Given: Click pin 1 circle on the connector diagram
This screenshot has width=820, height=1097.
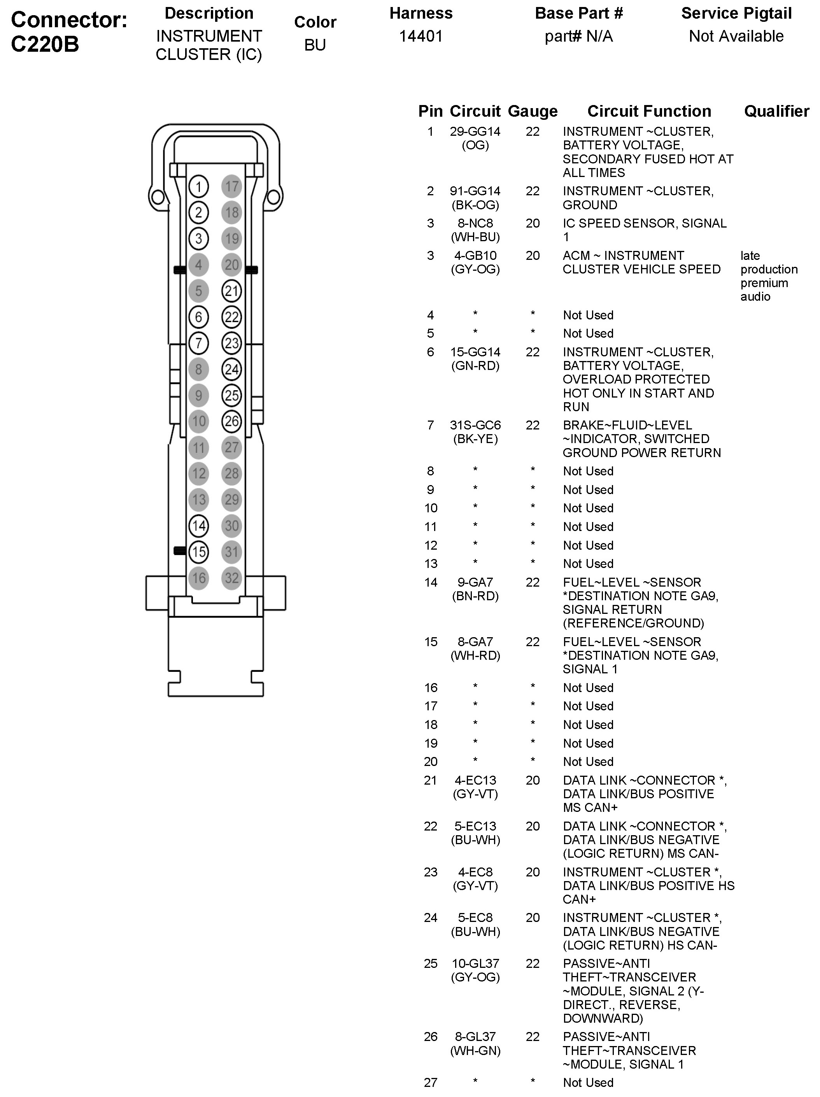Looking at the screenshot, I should click(198, 186).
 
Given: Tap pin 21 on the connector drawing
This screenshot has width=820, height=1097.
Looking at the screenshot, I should click(231, 291).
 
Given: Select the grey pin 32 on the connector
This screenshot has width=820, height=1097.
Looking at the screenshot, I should click(231, 578).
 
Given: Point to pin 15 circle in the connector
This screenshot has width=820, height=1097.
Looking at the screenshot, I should click(198, 552).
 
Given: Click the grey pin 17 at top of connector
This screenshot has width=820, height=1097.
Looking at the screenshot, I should click(231, 186).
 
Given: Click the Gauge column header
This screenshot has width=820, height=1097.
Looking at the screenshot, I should click(533, 111).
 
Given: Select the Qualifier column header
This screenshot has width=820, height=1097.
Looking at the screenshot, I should click(776, 111).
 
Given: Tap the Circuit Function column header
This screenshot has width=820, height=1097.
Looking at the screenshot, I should click(649, 111).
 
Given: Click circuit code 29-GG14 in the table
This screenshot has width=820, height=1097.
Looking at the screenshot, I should click(475, 132).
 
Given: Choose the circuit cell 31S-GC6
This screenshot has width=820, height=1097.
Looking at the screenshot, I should click(475, 426).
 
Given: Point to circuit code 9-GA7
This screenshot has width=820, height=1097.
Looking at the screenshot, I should click(475, 582).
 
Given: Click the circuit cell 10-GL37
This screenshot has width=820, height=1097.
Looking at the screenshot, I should click(475, 964).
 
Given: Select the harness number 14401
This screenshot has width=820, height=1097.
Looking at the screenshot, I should click(421, 36).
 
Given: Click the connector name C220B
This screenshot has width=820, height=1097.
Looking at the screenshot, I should click(45, 44).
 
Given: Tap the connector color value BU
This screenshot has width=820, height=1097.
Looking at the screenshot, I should click(315, 45).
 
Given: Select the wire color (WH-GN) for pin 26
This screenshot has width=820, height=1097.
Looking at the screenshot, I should click(475, 1050).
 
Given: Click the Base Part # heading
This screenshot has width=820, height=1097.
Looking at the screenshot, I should click(578, 13).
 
